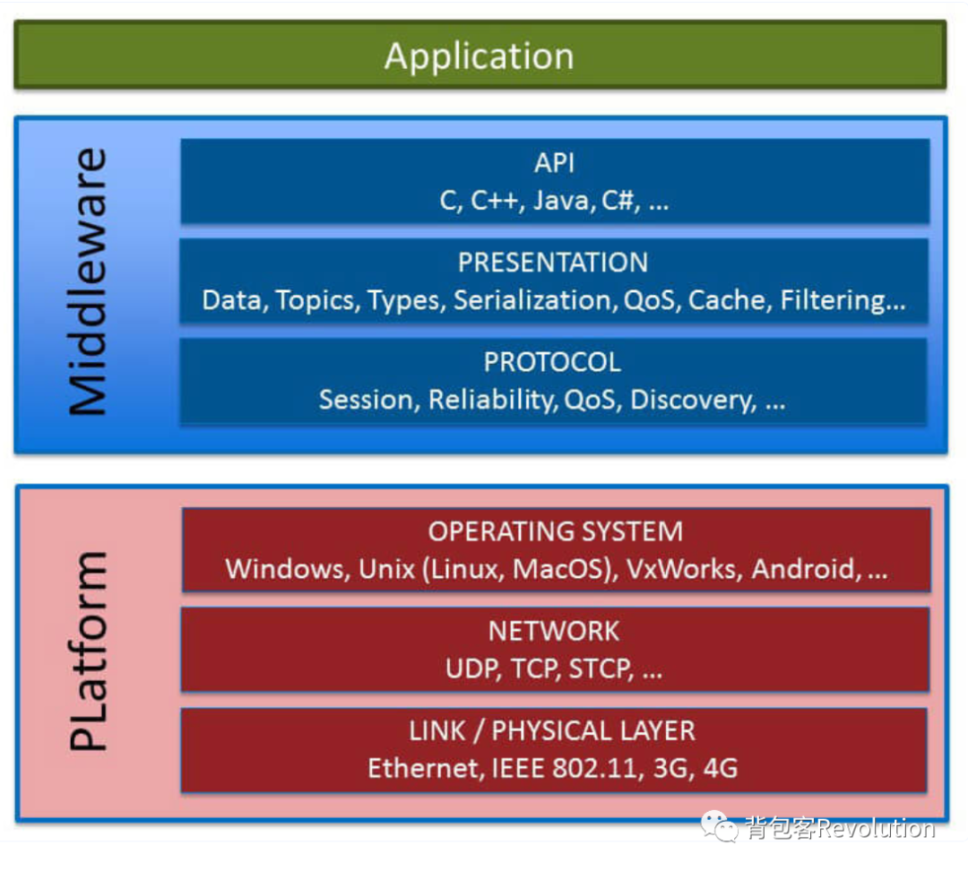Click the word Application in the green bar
pyautogui.click(x=479, y=56)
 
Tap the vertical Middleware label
pyautogui.click(x=88, y=281)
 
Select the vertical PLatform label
pyautogui.click(x=88, y=651)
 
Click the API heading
pyautogui.click(x=555, y=163)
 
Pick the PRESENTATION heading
pyautogui.click(x=553, y=263)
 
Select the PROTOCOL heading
pyautogui.click(x=552, y=362)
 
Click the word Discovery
pyautogui.click(x=694, y=401)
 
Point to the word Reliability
pyautogui.click(x=493, y=401)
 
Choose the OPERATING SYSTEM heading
pyautogui.click(x=556, y=531)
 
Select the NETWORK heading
pyautogui.click(x=554, y=631)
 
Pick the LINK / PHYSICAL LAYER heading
pyautogui.click(x=552, y=731)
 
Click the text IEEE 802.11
pyautogui.click(x=564, y=769)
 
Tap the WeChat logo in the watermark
pyautogui.click(x=719, y=826)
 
